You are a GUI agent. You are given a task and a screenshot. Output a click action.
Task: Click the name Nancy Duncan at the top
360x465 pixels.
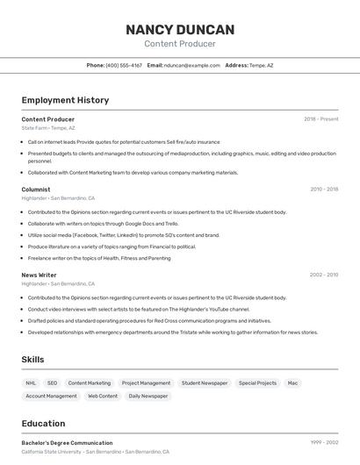180,29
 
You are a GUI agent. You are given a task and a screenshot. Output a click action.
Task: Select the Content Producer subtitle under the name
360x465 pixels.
180,44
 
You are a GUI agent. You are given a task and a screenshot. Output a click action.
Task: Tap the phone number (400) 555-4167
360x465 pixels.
124,65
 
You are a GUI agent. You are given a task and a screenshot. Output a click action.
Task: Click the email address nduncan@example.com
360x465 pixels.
192,65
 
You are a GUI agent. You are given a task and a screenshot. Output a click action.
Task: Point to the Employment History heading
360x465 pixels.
65,100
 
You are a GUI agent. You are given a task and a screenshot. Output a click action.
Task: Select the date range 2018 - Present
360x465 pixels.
321,118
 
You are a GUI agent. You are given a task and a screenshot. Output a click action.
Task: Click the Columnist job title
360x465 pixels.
36,189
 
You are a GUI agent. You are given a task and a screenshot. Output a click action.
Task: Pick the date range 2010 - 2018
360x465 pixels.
324,189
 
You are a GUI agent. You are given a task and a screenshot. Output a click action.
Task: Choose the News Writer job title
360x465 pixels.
39,275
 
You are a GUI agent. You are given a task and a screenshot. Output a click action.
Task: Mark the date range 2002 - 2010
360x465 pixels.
324,275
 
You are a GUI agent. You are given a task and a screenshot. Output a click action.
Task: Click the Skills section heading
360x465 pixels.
33,359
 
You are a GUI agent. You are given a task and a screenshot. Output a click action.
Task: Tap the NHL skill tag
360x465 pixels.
31,383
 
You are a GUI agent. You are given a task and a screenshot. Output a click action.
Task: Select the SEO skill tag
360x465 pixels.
52,383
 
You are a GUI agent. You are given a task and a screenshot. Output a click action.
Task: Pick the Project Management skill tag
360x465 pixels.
146,383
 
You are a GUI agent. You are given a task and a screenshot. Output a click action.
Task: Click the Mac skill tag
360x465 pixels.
292,383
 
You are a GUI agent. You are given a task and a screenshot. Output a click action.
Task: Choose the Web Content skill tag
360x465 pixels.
102,396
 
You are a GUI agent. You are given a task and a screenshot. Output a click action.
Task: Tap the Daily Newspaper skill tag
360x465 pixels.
148,396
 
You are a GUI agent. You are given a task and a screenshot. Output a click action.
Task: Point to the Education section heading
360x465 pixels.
43,424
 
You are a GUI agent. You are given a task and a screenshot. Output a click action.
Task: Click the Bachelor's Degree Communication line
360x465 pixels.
67,443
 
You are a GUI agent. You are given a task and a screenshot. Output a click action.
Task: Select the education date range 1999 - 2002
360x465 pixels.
324,443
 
